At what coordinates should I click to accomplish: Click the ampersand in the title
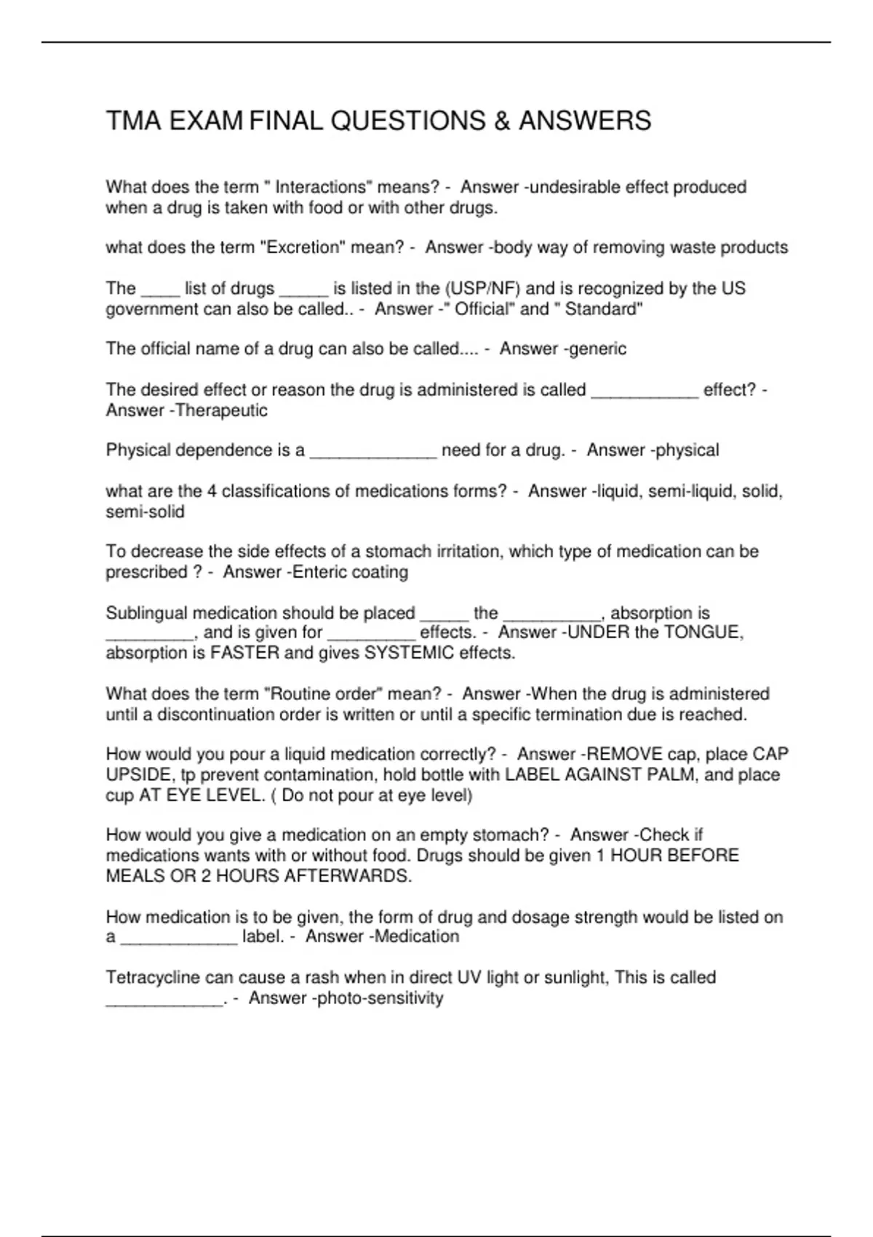click(x=501, y=121)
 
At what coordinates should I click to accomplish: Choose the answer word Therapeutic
click(x=222, y=410)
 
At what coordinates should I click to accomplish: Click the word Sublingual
click(x=148, y=613)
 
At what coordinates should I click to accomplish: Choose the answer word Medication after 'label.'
click(x=417, y=936)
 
